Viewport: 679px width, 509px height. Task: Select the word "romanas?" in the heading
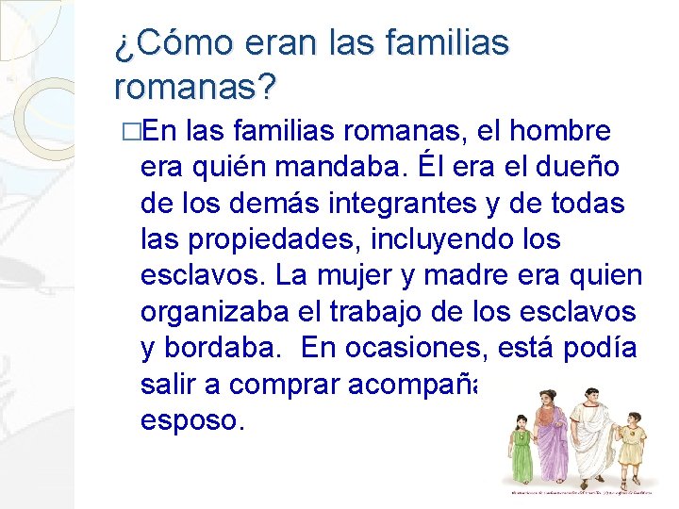point(195,88)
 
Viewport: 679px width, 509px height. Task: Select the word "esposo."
point(192,419)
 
